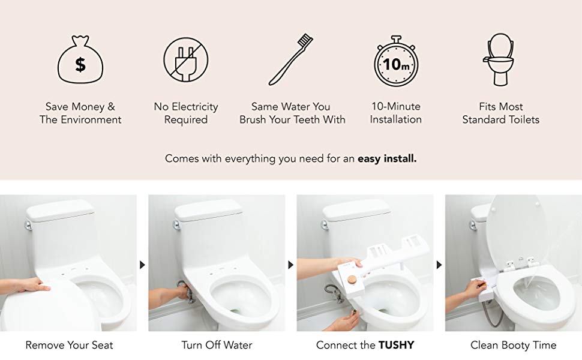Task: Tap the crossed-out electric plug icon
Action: click(x=185, y=60)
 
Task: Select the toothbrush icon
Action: click(x=291, y=59)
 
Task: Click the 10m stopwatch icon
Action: click(x=396, y=61)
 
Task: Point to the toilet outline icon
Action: click(x=500, y=59)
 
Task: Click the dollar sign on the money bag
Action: click(x=80, y=64)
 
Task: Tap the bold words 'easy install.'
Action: click(x=387, y=159)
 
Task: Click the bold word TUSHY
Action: click(x=396, y=345)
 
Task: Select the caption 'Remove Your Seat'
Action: click(x=69, y=345)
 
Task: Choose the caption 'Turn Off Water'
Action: click(x=217, y=345)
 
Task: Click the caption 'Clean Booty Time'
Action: click(x=514, y=345)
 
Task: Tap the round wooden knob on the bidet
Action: click(x=351, y=279)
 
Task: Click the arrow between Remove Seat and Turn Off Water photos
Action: click(x=143, y=265)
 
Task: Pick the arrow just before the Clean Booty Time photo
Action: click(x=439, y=265)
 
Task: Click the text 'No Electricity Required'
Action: click(x=186, y=113)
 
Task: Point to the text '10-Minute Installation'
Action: click(x=395, y=113)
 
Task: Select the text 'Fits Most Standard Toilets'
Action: click(x=501, y=113)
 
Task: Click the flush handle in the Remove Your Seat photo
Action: click(x=28, y=225)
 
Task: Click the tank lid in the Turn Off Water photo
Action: click(x=209, y=209)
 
